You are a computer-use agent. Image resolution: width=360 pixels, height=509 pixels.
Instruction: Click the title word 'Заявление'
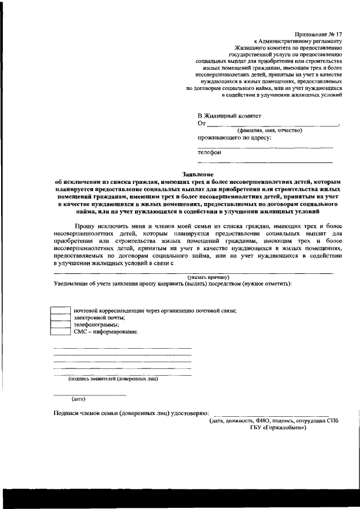click(x=199, y=174)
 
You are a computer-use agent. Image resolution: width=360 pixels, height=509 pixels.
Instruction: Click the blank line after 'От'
click(x=273, y=124)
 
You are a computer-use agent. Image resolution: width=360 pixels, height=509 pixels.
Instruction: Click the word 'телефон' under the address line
click(x=209, y=152)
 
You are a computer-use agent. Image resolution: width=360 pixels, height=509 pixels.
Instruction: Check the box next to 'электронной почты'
click(x=61, y=318)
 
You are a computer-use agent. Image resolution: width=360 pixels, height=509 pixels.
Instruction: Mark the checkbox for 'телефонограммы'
click(x=61, y=325)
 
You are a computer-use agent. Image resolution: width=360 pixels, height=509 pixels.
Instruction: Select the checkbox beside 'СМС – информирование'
click(x=61, y=332)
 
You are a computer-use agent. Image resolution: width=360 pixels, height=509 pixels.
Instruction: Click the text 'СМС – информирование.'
click(x=106, y=332)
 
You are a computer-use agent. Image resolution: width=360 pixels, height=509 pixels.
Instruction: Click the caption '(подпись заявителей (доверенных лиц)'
click(x=113, y=379)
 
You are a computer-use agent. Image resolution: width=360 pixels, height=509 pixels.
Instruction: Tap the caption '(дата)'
click(x=78, y=399)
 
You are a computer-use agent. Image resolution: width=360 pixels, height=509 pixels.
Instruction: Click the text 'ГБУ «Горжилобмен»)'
click(x=278, y=427)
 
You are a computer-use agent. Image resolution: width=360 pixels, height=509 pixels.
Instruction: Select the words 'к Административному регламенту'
click(x=298, y=42)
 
